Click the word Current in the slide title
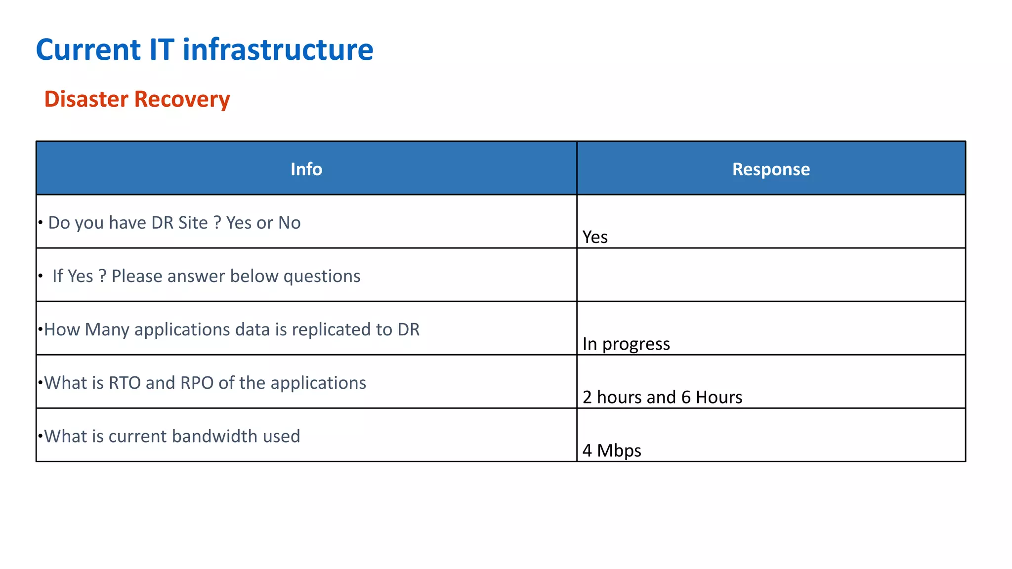[x=88, y=50]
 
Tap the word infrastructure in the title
[x=278, y=50]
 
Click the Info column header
[x=306, y=169]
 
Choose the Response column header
[x=771, y=169]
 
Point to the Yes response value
[x=595, y=237]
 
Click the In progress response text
[x=626, y=344]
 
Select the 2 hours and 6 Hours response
[x=662, y=397]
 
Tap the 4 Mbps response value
[x=612, y=450]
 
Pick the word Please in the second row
[x=137, y=276]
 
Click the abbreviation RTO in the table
[x=125, y=383]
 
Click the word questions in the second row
[x=322, y=276]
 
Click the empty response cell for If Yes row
[x=771, y=275]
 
